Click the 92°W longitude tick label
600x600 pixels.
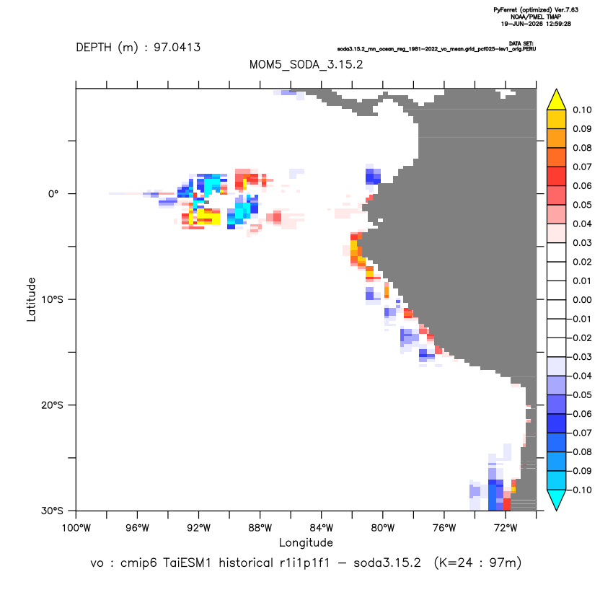click(199, 528)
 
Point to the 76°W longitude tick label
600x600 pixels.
click(444, 528)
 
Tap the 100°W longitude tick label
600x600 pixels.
click(76, 528)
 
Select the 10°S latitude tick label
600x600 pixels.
click(52, 299)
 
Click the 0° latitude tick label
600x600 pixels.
click(53, 193)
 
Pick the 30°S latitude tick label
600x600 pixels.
click(52, 511)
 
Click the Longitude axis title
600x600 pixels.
click(306, 542)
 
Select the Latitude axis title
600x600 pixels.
click(31, 299)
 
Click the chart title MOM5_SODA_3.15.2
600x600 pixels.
click(306, 64)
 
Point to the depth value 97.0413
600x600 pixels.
click(177, 47)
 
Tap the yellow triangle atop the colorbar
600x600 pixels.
click(557, 99)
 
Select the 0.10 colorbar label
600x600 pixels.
click(582, 110)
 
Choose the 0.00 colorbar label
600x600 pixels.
click(582, 299)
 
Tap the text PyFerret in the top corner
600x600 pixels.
click(506, 10)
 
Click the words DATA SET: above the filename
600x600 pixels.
click(521, 43)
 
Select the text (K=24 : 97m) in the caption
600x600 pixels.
click(477, 563)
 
